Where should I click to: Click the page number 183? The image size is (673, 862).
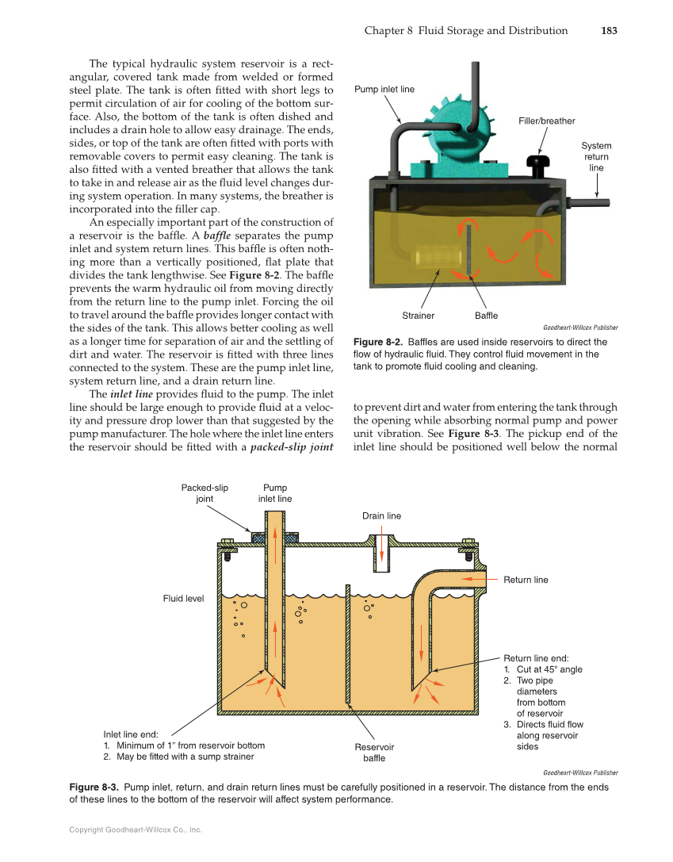coord(607,31)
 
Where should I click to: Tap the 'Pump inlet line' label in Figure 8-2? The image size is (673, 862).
coord(384,90)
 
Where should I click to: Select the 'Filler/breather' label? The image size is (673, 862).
coord(547,121)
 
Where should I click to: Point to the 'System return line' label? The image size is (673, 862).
coord(596,157)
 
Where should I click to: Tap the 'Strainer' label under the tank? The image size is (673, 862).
coord(418,316)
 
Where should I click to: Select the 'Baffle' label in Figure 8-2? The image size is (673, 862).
coord(486,316)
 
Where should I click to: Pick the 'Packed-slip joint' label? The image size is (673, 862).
coord(205,493)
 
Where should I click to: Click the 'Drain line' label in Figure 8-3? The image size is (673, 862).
coord(381,515)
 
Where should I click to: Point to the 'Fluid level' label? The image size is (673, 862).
coord(183,598)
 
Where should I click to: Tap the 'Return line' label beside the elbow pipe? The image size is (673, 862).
coord(526,580)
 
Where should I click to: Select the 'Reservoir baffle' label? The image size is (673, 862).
coord(374,753)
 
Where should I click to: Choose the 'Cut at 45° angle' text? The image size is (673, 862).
coord(549,669)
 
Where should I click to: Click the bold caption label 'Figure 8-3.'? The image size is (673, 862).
coord(94,787)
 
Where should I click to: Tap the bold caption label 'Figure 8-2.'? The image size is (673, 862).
coord(377,342)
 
